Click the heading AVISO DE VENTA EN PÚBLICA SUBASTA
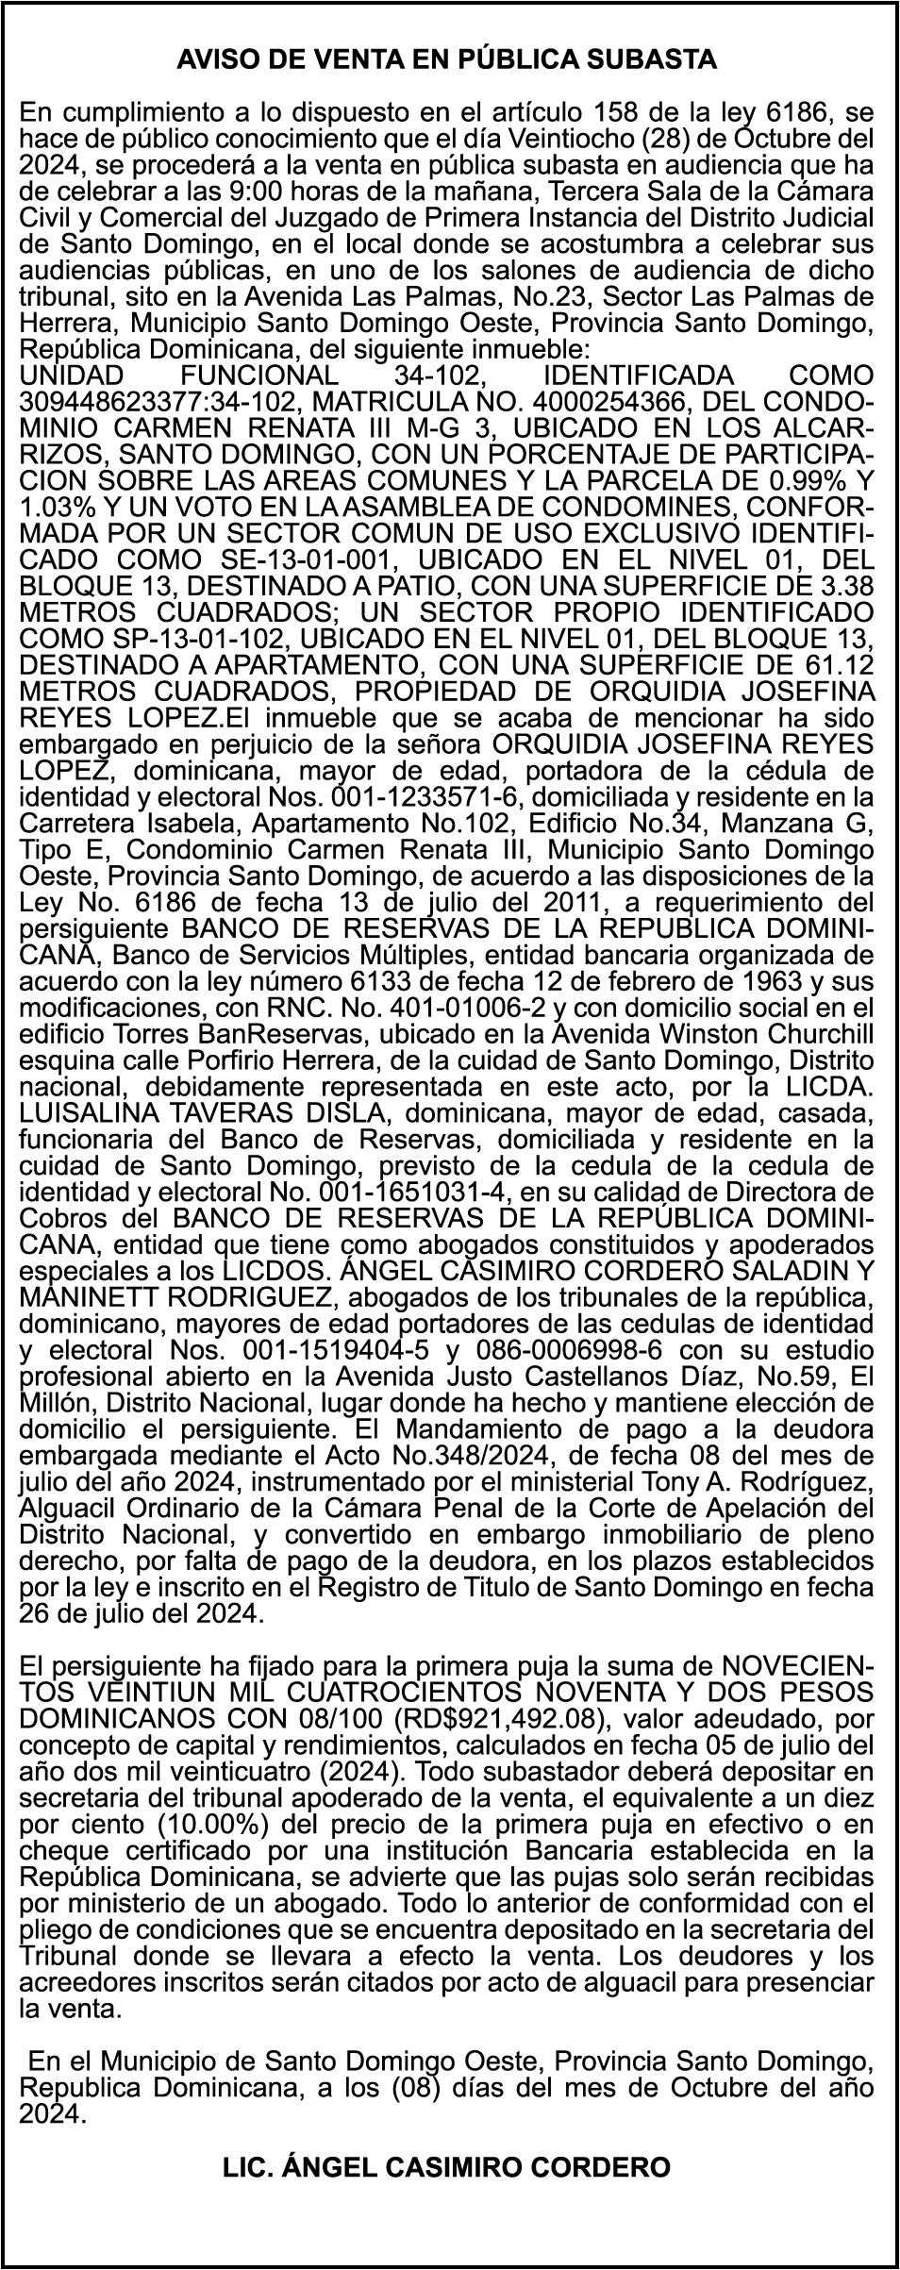point(447,60)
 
